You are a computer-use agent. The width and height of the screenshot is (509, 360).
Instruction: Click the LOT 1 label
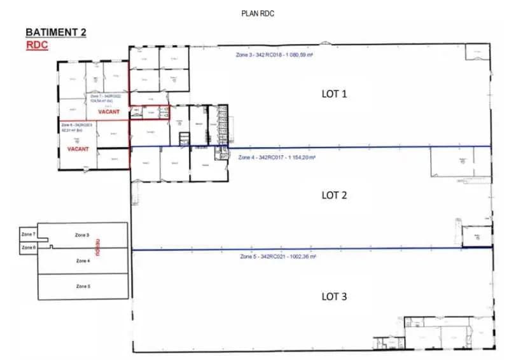tap(334, 93)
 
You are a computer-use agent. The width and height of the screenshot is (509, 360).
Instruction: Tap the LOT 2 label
tap(334, 195)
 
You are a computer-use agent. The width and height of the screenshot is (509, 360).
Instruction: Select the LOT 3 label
tap(334, 296)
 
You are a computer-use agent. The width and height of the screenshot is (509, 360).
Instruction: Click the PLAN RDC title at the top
tap(257, 13)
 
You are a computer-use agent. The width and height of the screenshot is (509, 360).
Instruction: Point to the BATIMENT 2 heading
tap(55, 32)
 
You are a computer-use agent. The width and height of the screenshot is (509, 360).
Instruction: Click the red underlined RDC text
tap(37, 45)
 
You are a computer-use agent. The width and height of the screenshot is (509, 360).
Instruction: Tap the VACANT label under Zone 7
tap(109, 112)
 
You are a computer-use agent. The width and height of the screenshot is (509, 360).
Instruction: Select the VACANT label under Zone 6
tap(78, 149)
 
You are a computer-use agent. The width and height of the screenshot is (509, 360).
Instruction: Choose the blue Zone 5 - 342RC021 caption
tap(278, 256)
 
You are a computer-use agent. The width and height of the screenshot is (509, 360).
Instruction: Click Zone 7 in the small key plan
tap(28, 235)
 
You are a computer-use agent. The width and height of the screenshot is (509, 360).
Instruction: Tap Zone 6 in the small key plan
tap(28, 247)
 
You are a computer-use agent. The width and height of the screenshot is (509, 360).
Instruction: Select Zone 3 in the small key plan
tap(82, 235)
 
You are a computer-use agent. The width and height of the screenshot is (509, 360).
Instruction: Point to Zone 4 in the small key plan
tap(83, 261)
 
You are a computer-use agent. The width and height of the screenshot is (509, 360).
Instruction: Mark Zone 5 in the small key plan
tap(83, 286)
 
